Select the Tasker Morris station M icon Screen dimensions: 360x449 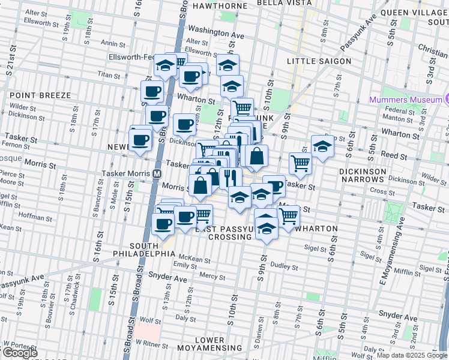[157, 172]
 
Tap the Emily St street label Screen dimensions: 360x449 [181, 265]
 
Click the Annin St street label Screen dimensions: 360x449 [112, 43]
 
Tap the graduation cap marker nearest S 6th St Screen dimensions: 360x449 [322, 146]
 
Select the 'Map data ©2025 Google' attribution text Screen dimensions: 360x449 [412, 355]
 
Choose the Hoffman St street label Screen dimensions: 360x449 [35, 214]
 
